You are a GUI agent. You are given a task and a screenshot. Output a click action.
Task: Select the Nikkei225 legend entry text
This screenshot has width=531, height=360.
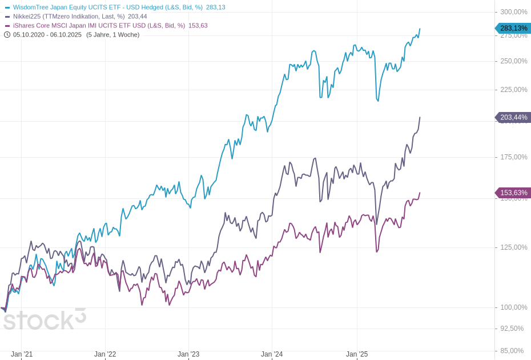pyautogui.click(x=69, y=17)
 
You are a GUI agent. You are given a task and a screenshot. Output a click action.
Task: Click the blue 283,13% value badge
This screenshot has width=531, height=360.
pyautogui.click(x=513, y=29)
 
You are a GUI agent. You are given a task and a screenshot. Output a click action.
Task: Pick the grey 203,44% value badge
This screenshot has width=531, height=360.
pyautogui.click(x=513, y=118)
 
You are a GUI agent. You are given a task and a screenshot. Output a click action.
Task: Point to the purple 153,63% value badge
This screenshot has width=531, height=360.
pyautogui.click(x=513, y=193)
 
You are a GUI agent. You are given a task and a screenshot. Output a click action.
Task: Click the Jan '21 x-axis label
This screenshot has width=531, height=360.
pyautogui.click(x=22, y=354)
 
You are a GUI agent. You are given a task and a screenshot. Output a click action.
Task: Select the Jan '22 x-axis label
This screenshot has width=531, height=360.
pyautogui.click(x=105, y=354)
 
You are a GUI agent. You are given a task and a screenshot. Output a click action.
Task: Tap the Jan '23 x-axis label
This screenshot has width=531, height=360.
pyautogui.click(x=188, y=354)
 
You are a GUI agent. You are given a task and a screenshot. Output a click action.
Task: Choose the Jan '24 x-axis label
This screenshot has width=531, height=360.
pyautogui.click(x=272, y=354)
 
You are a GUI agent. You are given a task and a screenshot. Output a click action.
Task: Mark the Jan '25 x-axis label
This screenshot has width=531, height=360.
pyautogui.click(x=357, y=354)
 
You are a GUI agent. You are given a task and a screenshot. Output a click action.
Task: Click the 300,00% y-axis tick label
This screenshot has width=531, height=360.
pyautogui.click(x=513, y=12)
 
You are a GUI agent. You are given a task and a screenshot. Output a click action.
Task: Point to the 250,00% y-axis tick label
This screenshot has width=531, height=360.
pyautogui.click(x=513, y=61)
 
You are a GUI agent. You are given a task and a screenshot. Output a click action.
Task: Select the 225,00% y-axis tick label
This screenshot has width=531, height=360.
pyautogui.click(x=513, y=90)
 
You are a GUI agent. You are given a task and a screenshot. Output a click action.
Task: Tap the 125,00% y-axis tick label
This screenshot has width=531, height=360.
pyautogui.click(x=513, y=247)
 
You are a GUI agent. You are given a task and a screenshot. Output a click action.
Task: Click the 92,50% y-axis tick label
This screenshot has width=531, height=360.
pyautogui.click(x=512, y=329)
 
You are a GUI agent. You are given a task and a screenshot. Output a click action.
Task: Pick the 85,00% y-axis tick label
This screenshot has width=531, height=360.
pyautogui.click(x=512, y=351)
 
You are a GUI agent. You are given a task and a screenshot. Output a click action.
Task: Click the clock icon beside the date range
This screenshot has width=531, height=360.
pyautogui.click(x=7, y=35)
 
